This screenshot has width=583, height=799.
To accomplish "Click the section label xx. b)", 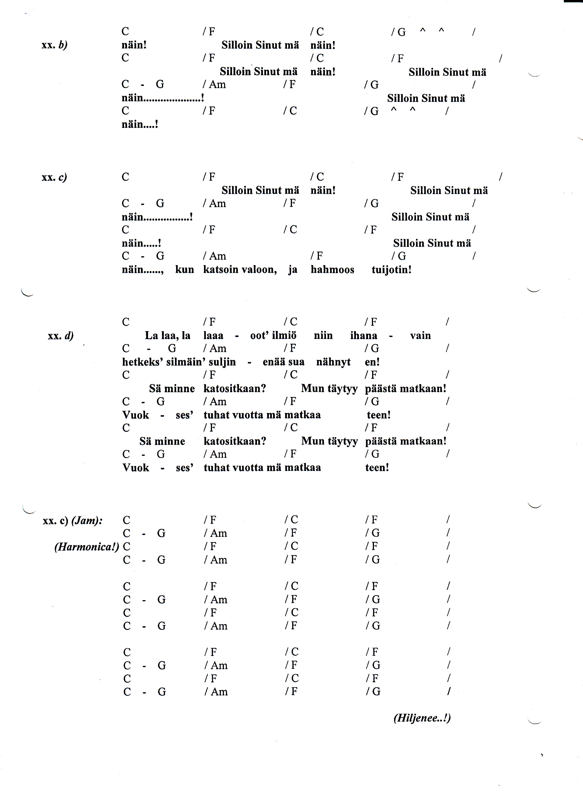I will point(54,45).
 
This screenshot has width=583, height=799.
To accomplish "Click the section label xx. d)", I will point(61,336).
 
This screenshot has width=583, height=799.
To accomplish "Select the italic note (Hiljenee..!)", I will point(422,718).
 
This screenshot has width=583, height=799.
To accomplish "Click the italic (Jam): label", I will point(87,520).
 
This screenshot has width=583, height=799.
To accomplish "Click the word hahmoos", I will point(332,270).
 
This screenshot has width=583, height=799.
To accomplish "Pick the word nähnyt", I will point(333,362).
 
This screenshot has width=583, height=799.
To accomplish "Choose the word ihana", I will point(363,336).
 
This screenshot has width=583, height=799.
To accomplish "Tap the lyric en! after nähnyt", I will point(372,362).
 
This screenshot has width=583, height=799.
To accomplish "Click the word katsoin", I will point(221,270).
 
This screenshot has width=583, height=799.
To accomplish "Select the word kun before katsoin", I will point(185,270).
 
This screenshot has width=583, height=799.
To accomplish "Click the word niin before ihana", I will point(323,336).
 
